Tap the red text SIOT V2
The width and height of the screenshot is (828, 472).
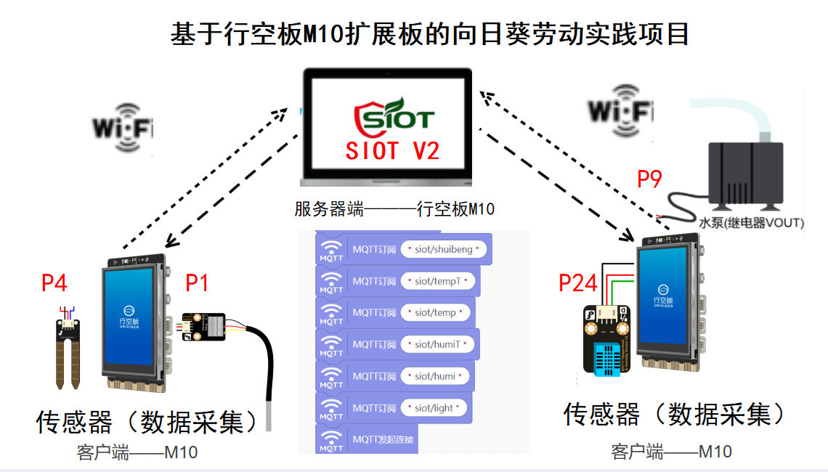click(393, 151)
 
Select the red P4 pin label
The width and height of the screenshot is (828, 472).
click(54, 282)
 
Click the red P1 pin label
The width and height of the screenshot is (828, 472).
click(197, 282)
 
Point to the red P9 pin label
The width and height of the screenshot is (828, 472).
click(650, 179)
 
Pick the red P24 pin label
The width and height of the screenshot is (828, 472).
click(578, 283)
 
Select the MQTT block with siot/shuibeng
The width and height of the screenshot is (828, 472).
click(404, 250)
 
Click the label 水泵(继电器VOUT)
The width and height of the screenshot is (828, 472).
click(751, 223)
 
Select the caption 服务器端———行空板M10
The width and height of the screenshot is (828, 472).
click(394, 209)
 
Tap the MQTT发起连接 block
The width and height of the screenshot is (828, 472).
click(367, 439)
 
